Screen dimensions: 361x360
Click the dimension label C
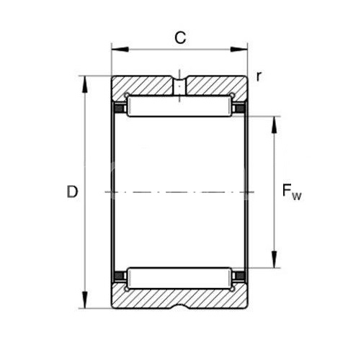[x=180, y=37]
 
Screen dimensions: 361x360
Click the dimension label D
[x=72, y=192]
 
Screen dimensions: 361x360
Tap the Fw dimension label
[x=292, y=192]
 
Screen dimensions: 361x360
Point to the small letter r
[x=259, y=76]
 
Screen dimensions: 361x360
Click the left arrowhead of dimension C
[x=120, y=50]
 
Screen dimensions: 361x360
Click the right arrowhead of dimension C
[x=239, y=50]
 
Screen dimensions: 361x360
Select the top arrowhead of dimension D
[x=84, y=84]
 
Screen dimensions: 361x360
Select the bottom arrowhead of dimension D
[x=84, y=300]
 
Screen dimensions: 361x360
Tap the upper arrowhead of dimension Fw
[x=274, y=125]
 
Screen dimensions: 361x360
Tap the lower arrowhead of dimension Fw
[x=274, y=259]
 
